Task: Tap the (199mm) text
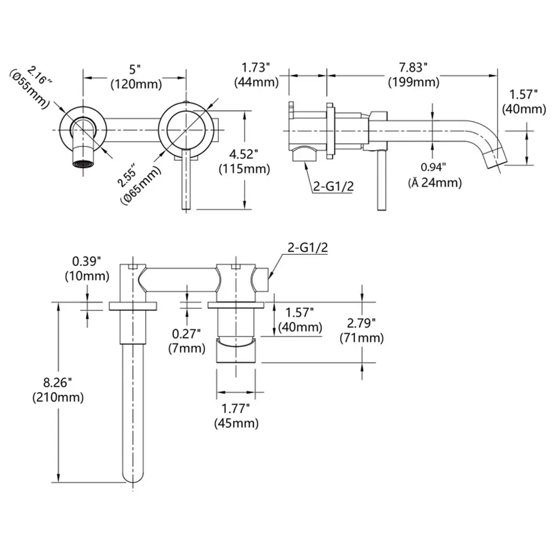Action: click(x=413, y=82)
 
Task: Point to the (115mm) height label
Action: click(x=245, y=168)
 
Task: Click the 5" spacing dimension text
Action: click(x=135, y=70)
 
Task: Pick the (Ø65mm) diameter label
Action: click(x=141, y=185)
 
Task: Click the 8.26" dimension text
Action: click(x=58, y=383)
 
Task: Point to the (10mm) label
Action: click(x=87, y=276)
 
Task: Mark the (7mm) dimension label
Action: click(x=186, y=348)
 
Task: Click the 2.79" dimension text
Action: click(x=361, y=323)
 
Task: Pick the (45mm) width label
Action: click(x=236, y=423)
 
